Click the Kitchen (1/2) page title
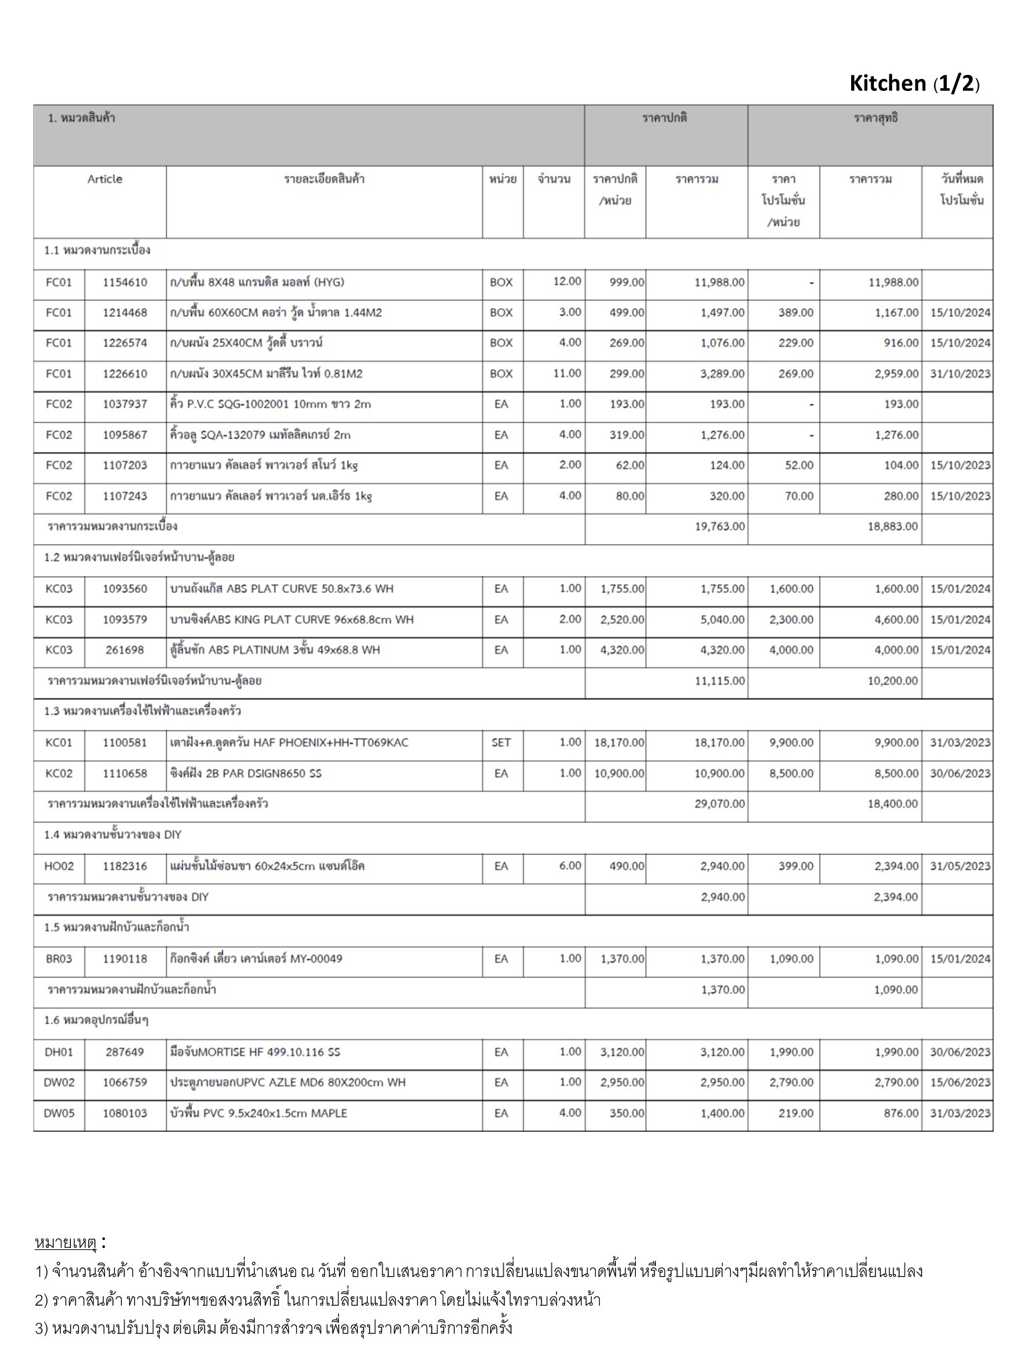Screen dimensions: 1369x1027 pyautogui.click(x=914, y=84)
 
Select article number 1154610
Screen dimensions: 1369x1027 pyautogui.click(x=125, y=282)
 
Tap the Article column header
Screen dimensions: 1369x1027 pyautogui.click(x=104, y=179)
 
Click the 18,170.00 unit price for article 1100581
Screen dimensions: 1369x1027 pyautogui.click(x=619, y=743)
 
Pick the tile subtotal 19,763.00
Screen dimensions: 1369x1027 pyautogui.click(x=719, y=527)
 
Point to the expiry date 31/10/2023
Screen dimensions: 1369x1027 pyautogui.click(x=960, y=374)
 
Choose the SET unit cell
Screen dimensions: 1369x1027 pyautogui.click(x=501, y=743)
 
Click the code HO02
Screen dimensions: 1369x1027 pyautogui.click(x=59, y=866)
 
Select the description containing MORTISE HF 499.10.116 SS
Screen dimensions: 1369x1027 pyautogui.click(x=255, y=1052)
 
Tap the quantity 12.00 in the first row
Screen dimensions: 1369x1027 pyautogui.click(x=567, y=281)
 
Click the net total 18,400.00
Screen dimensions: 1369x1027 pyautogui.click(x=893, y=804)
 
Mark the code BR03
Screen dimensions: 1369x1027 pyautogui.click(x=59, y=959)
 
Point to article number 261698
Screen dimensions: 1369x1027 pyautogui.click(x=125, y=650)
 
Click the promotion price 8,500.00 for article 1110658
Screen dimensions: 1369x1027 pyautogui.click(x=792, y=773)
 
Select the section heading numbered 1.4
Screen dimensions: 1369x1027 pyautogui.click(x=113, y=835)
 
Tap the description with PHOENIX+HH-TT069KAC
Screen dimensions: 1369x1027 pyautogui.click(x=290, y=743)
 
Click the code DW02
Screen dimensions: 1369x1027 pyautogui.click(x=59, y=1083)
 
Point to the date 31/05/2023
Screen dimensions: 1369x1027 pyautogui.click(x=960, y=866)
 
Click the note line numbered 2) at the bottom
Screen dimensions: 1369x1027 pyautogui.click(x=318, y=1300)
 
